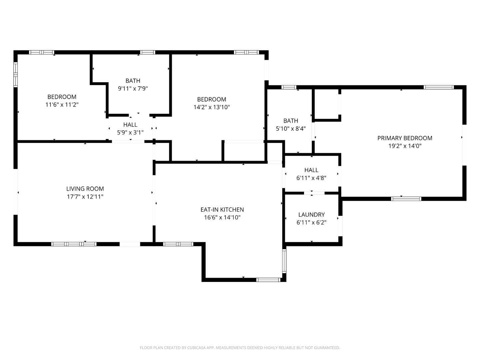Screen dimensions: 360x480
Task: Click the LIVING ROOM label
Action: (x=85, y=189)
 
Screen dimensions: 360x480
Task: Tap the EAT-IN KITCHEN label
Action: (x=222, y=210)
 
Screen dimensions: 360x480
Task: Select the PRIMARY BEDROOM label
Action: (x=405, y=138)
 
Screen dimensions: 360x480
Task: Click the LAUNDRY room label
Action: (x=311, y=215)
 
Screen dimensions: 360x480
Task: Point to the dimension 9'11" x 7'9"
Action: (x=133, y=89)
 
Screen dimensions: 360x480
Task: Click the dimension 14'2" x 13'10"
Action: (x=212, y=107)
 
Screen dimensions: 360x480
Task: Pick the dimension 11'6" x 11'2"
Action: (x=62, y=105)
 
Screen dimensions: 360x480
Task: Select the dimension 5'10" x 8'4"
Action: (x=291, y=129)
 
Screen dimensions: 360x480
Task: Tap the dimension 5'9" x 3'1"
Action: (x=130, y=132)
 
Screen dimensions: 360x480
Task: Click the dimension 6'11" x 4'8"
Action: (x=311, y=178)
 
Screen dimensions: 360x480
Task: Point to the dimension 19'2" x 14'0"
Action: (x=405, y=146)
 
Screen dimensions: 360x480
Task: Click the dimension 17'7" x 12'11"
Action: (x=85, y=197)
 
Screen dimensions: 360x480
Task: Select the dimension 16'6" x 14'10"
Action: (x=222, y=218)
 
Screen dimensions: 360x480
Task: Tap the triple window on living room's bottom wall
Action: (x=74, y=244)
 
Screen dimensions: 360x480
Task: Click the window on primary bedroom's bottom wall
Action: (x=406, y=199)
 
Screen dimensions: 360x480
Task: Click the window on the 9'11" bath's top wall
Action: (x=147, y=52)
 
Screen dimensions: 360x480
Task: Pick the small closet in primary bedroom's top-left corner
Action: (x=327, y=104)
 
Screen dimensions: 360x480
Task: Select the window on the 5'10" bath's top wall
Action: (x=289, y=87)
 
